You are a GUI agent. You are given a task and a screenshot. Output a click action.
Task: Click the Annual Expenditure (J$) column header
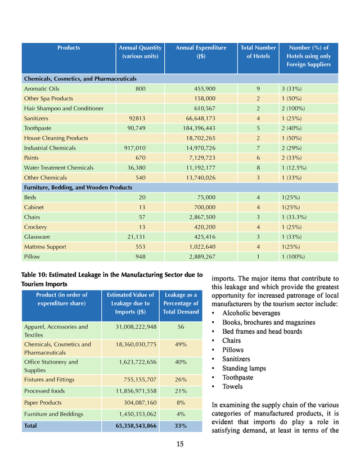coord(201,52)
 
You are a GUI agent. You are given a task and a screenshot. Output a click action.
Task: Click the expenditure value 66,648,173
coord(201,118)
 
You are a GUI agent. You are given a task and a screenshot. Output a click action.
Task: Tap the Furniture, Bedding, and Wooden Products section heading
coord(78,187)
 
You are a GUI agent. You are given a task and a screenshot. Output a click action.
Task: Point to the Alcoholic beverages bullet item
coord(251,313)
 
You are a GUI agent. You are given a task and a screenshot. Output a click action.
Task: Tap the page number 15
coord(180,444)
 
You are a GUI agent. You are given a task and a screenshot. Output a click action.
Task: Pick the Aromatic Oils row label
coord(41,89)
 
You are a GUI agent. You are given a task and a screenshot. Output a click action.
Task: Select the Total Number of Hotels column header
coord(258,52)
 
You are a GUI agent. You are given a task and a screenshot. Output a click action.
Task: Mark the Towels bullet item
coord(233,387)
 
